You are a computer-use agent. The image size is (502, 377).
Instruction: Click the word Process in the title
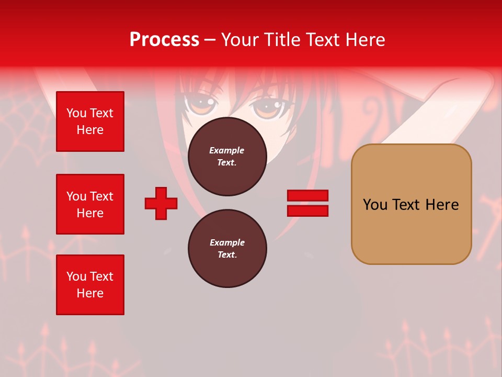pyautogui.click(x=164, y=40)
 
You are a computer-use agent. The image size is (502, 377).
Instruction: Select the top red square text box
pyautogui.click(x=90, y=121)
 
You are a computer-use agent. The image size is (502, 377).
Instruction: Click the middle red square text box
pyautogui.click(x=90, y=204)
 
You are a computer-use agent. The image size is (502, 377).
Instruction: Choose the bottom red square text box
pyautogui.click(x=90, y=285)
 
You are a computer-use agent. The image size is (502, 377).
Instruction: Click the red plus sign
pyautogui.click(x=161, y=203)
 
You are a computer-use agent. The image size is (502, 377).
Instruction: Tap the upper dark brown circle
pyautogui.click(x=227, y=157)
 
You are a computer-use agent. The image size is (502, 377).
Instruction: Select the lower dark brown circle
pyautogui.click(x=227, y=249)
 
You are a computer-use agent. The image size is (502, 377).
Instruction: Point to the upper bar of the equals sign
pyautogui.click(x=307, y=195)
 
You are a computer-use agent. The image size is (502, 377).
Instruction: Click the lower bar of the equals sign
pyautogui.click(x=307, y=210)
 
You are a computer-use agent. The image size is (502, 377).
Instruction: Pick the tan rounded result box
pyautogui.click(x=411, y=204)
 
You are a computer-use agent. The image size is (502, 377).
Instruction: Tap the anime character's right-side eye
pyautogui.click(x=267, y=107)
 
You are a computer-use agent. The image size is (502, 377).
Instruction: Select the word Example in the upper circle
pyautogui.click(x=226, y=151)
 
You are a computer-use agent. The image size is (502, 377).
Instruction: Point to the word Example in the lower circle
pyautogui.click(x=227, y=243)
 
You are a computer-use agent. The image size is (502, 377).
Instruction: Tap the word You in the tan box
pyautogui.click(x=375, y=205)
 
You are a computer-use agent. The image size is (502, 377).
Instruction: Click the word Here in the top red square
pyautogui.click(x=90, y=130)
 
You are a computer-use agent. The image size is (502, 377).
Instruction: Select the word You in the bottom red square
pyautogui.click(x=76, y=276)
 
